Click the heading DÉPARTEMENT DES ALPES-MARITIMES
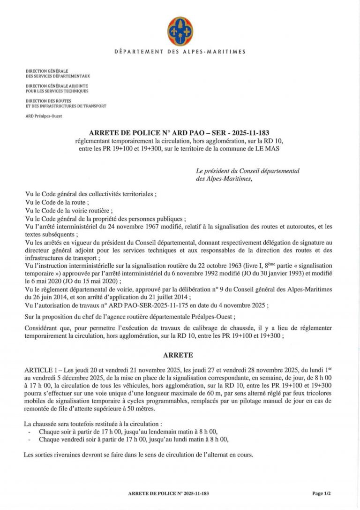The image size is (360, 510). [x=180, y=52]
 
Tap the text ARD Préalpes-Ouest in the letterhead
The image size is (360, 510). [x=44, y=116]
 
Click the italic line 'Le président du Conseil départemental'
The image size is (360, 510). [x=248, y=171]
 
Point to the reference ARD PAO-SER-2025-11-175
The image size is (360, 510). [x=142, y=305]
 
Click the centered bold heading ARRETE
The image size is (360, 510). [x=180, y=356]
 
